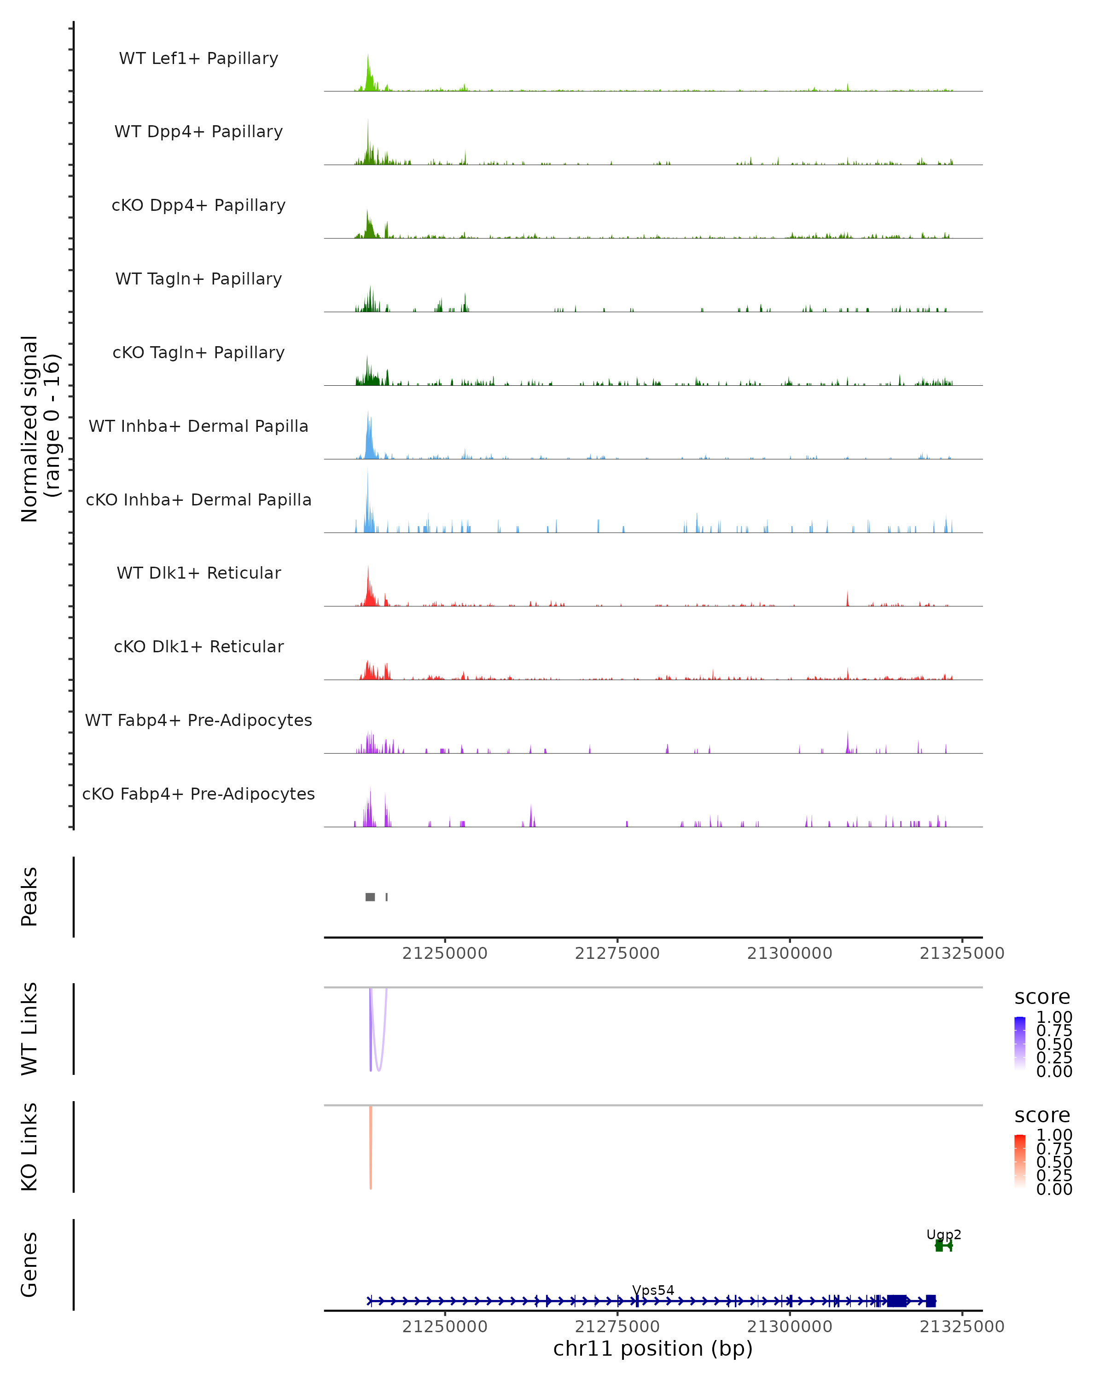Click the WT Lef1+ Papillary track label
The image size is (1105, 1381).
click(x=198, y=58)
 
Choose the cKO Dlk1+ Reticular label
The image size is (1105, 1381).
click(x=198, y=646)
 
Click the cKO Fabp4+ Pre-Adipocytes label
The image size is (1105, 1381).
click(x=198, y=794)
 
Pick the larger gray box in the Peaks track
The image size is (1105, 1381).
click(x=370, y=897)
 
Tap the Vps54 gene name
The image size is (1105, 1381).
click(x=653, y=1290)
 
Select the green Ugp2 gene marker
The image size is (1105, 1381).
click(x=943, y=1246)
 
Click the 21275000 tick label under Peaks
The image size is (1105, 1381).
click(x=617, y=953)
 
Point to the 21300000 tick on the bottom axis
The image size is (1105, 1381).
click(x=790, y=1327)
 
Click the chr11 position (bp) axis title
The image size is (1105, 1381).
click(x=653, y=1348)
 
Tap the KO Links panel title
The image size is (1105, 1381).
click(x=29, y=1147)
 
